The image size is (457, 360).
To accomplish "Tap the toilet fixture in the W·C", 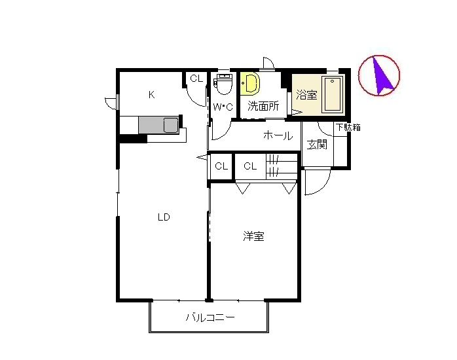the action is [224, 84].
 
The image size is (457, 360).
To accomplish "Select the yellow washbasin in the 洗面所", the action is [250, 83].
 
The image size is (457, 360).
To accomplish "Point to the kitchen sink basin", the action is [171, 125].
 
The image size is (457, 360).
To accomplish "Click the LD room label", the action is [164, 217].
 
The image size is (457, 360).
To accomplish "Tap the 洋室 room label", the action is [254, 236].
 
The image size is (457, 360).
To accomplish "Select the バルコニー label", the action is [210, 317].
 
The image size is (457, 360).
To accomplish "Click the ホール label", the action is [278, 135].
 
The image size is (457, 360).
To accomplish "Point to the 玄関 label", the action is [317, 145].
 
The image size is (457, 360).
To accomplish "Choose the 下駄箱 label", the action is [348, 127].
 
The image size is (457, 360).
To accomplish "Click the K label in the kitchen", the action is [151, 95].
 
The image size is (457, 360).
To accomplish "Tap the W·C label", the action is [223, 107].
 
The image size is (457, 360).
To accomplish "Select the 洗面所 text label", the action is [263, 106].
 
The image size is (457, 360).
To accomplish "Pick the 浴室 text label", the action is [306, 95].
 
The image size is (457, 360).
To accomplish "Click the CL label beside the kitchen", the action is [196, 79].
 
